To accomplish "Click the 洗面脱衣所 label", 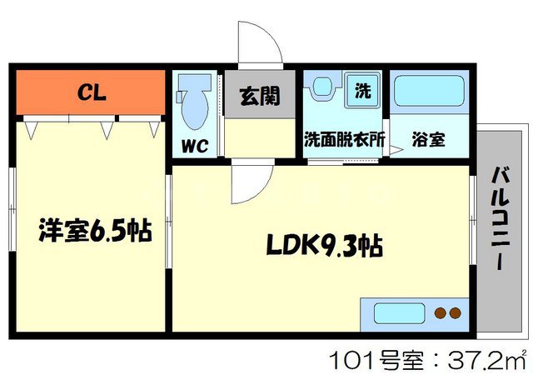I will pos(343,141).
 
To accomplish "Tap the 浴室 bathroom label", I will pos(428,141).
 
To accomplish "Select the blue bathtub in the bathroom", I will pos(428,93).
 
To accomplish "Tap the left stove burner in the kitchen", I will pos(440,314).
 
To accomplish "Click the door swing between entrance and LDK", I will pos(250,183).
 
